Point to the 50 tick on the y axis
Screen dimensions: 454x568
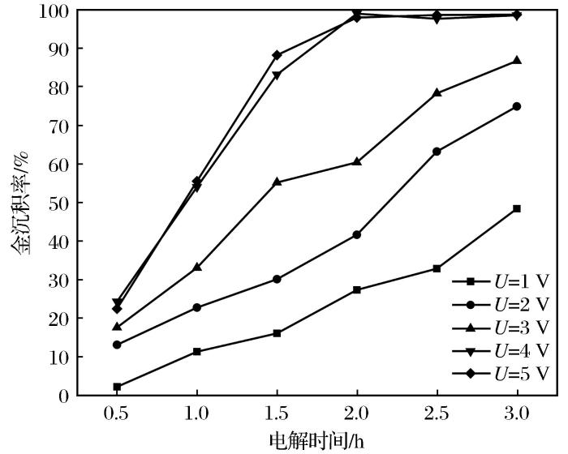(x=58, y=203)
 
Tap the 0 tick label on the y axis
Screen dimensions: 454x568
(x=62, y=396)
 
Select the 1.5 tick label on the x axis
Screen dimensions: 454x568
(x=277, y=413)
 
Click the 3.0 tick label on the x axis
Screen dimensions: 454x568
(x=517, y=413)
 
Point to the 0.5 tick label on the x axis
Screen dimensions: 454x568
(x=117, y=413)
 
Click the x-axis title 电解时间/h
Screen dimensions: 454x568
(x=316, y=440)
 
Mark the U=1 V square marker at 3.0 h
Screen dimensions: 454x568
(x=517, y=208)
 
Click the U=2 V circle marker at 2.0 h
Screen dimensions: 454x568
(x=357, y=234)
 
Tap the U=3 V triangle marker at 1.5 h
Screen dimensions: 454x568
(x=277, y=182)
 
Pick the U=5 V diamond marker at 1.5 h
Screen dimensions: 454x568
(x=277, y=55)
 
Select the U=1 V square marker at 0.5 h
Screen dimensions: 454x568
(x=117, y=387)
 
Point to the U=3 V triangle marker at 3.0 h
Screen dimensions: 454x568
(x=517, y=60)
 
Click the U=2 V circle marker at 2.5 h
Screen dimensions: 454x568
(x=437, y=151)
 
